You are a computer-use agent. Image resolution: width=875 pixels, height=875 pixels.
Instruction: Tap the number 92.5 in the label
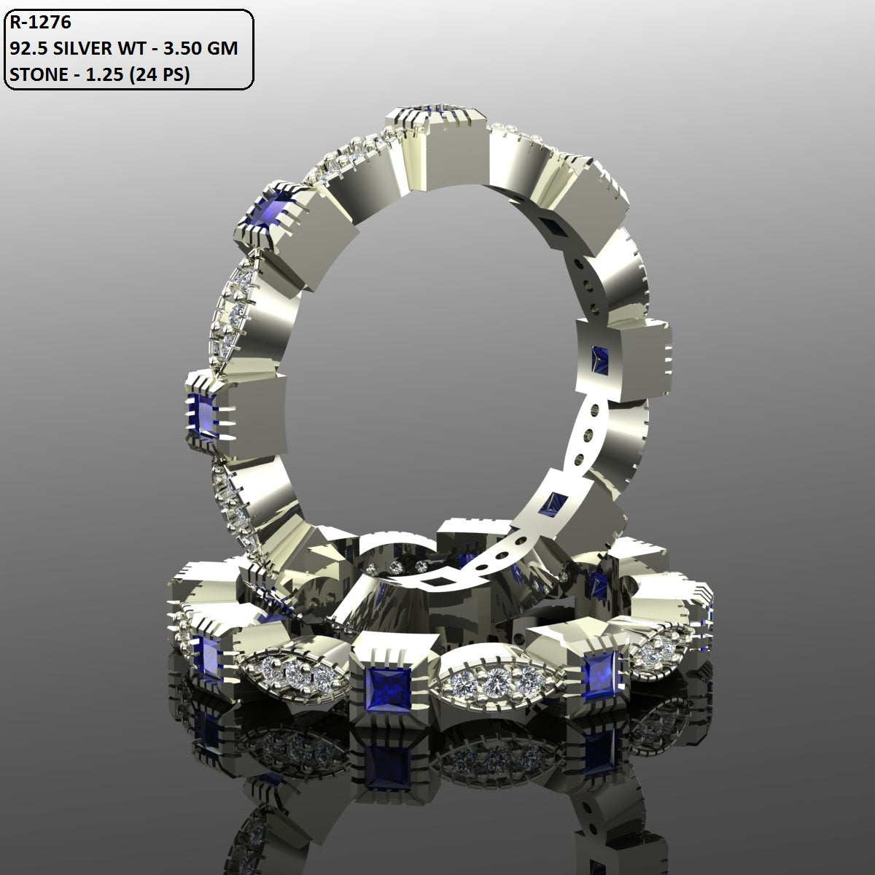26,49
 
